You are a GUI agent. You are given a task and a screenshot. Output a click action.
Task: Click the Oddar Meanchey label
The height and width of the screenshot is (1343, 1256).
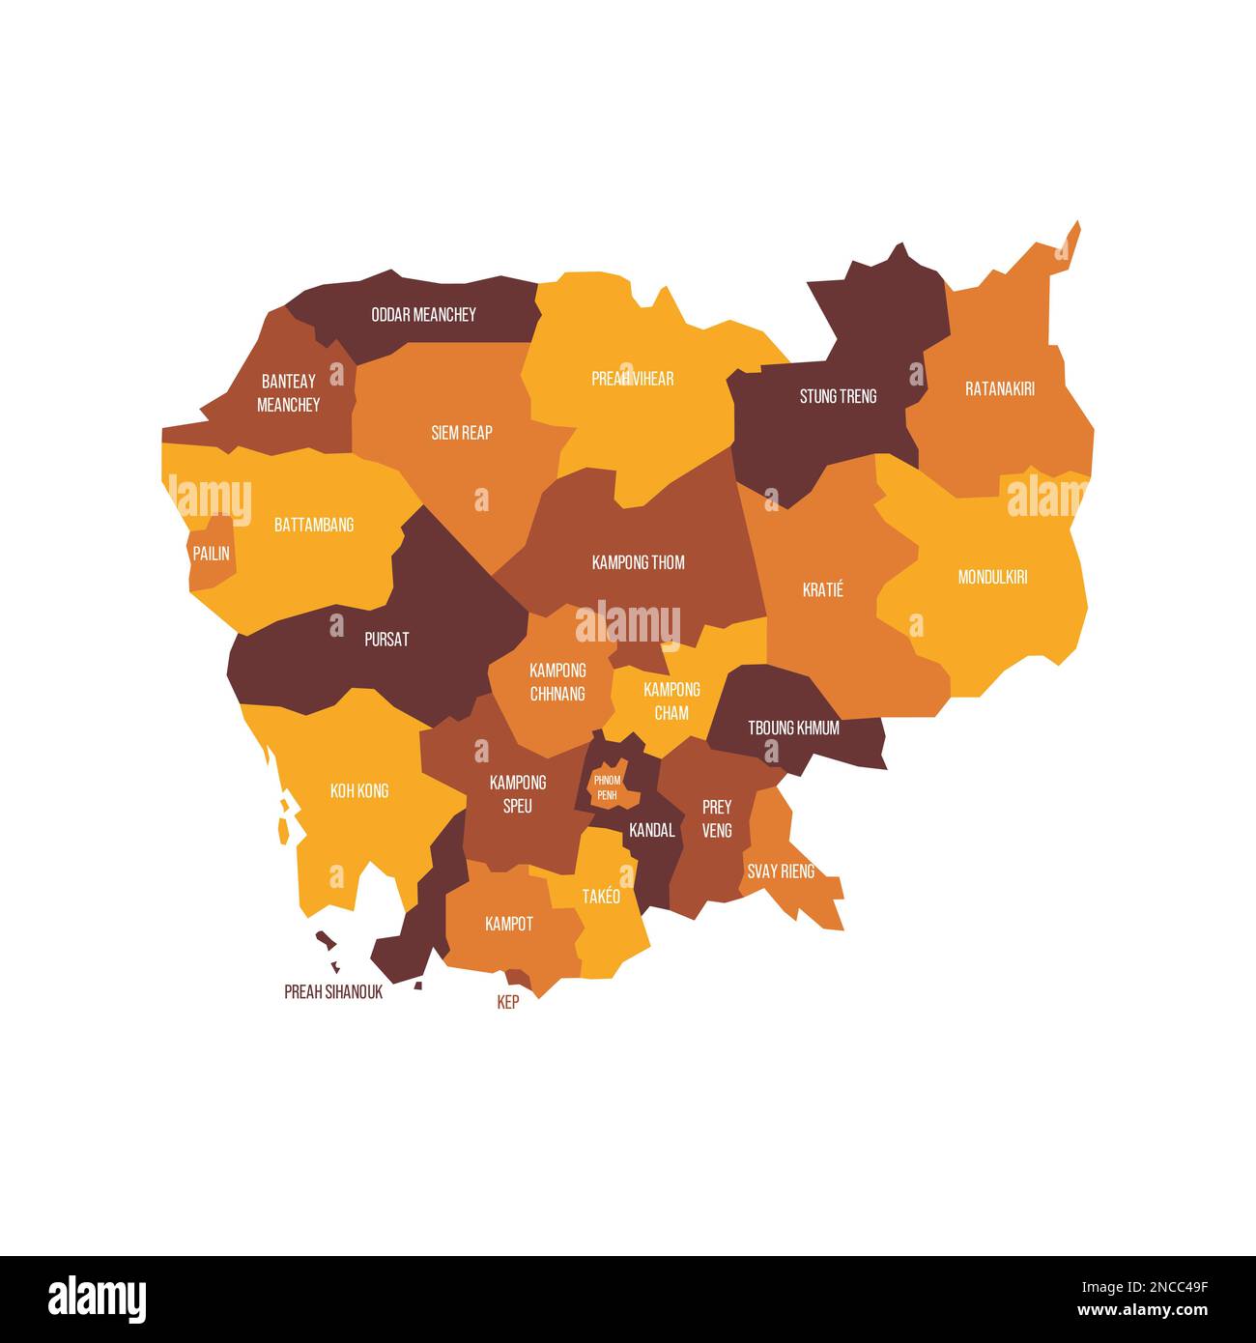coord(423,315)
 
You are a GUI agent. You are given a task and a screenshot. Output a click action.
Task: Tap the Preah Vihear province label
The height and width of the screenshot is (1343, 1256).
coord(632,379)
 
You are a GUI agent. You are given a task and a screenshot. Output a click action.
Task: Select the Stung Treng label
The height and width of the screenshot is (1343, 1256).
coord(838,396)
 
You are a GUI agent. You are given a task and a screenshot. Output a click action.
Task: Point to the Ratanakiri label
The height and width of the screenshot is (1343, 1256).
coord(999,389)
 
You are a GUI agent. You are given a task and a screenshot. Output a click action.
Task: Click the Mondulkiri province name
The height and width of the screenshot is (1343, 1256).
coord(992,578)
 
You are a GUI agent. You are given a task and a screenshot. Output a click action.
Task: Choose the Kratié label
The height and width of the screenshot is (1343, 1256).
coord(822,589)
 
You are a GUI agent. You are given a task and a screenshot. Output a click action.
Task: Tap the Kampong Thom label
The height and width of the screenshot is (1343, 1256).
coord(638,562)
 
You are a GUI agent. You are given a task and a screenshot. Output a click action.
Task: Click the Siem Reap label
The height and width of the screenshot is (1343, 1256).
coord(461,433)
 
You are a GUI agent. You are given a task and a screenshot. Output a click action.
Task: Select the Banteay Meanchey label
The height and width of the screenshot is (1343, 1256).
coord(288,393)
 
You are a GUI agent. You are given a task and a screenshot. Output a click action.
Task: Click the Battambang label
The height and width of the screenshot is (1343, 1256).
coord(314,525)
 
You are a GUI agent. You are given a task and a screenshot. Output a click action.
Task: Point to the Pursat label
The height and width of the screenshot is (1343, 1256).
coord(386,640)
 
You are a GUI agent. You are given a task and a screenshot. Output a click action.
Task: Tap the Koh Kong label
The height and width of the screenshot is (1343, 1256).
coord(359,791)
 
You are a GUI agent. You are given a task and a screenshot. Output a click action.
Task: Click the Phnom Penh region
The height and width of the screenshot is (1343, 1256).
coord(607,786)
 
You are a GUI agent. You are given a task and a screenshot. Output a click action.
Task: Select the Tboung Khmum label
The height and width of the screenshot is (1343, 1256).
coord(793,729)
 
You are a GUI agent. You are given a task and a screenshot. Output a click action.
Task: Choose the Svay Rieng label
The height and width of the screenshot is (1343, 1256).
coord(780,872)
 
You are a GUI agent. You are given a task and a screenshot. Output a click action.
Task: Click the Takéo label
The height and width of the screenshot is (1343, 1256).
coord(601,897)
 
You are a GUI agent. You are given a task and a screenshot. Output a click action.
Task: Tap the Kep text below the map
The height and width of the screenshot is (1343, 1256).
coord(507,1003)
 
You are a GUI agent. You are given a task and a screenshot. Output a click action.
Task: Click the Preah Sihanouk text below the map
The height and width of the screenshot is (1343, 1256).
coord(333,992)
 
